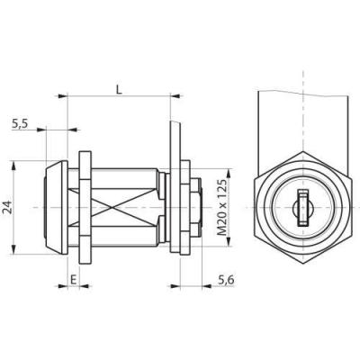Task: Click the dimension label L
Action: tap(120, 90)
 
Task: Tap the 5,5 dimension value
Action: tap(20, 123)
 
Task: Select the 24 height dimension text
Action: tap(8, 207)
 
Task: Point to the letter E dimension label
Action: tap(73, 280)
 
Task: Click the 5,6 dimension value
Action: tap(226, 280)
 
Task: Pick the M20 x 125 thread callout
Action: tap(221, 208)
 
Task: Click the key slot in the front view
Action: tap(302, 208)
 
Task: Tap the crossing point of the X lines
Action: tap(112, 207)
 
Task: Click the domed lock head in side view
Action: tap(56, 208)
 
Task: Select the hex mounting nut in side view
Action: tap(85, 208)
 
